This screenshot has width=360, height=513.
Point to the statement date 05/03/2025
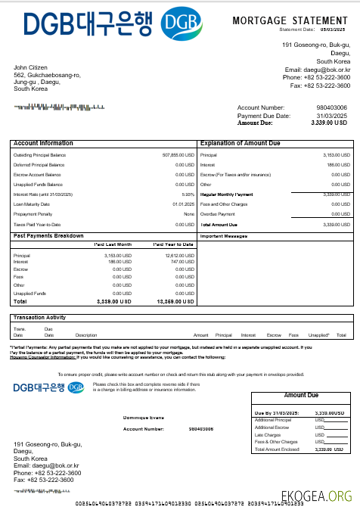pyautogui.click(x=332, y=30)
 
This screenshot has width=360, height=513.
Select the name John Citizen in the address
pyautogui.click(x=31, y=68)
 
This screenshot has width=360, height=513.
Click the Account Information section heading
pyautogui.click(x=43, y=143)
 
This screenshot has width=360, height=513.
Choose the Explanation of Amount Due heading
pyautogui.click(x=240, y=143)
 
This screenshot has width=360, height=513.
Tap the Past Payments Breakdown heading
pyautogui.click(x=48, y=236)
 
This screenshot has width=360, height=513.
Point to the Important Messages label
pyautogui.click(x=224, y=236)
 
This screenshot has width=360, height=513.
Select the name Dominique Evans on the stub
pyautogui.click(x=144, y=417)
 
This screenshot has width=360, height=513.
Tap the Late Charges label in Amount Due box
pyautogui.click(x=268, y=434)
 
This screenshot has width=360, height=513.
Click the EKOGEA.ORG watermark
pyautogui.click(x=316, y=496)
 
